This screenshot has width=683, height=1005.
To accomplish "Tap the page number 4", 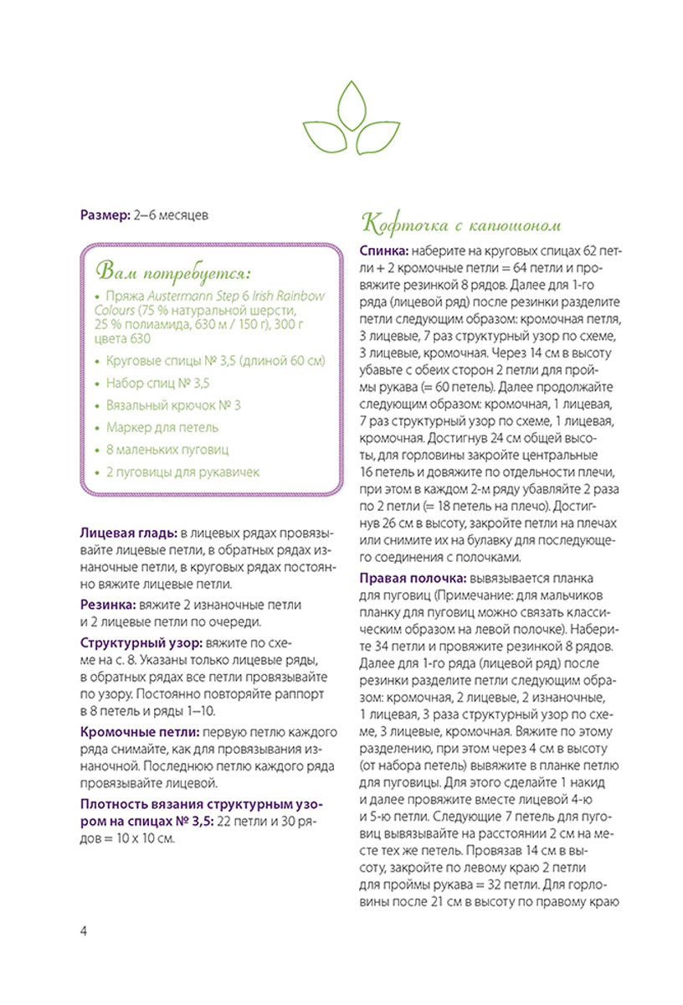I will coord(84,932).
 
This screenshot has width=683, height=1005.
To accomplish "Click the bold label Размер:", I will coord(105,215).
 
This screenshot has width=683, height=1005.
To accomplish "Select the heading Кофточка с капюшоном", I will coord(460,224).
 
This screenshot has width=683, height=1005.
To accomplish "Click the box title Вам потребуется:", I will coord(176,273).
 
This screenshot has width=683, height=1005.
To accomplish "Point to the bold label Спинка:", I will coord(384,251).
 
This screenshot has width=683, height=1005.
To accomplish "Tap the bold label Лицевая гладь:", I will coord(127,533).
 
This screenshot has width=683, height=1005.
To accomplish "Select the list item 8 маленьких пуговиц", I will coord(167,450).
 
